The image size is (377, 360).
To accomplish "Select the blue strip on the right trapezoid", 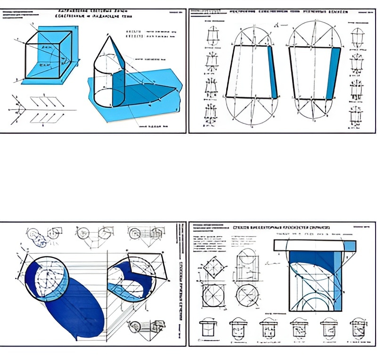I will pyautogui.click(x=335, y=73).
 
